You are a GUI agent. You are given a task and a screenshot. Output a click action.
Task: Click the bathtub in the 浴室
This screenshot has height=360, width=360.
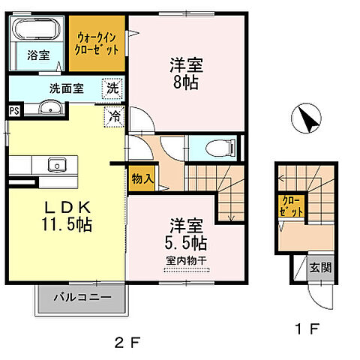point(35,33)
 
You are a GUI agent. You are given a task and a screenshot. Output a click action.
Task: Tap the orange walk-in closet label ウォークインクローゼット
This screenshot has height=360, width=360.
point(98,46)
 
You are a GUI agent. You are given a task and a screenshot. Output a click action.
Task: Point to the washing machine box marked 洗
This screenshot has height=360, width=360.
point(112,86)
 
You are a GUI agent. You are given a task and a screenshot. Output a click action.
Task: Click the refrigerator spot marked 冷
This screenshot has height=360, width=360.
point(115,116)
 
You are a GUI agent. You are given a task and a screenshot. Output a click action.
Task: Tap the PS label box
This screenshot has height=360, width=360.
point(13,111)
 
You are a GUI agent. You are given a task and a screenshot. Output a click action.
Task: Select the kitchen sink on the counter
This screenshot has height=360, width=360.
point(55,164)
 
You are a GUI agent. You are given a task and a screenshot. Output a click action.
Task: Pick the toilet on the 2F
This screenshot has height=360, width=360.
point(211,147)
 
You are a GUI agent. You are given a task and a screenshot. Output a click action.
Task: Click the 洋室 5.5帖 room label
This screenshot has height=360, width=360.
point(187,232)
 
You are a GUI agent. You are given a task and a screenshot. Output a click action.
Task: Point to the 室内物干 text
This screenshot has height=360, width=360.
point(186,260)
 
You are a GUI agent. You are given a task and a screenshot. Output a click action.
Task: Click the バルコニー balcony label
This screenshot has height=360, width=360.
point(82,298)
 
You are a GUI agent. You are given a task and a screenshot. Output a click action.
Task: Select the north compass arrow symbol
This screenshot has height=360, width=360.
point(306,120)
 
